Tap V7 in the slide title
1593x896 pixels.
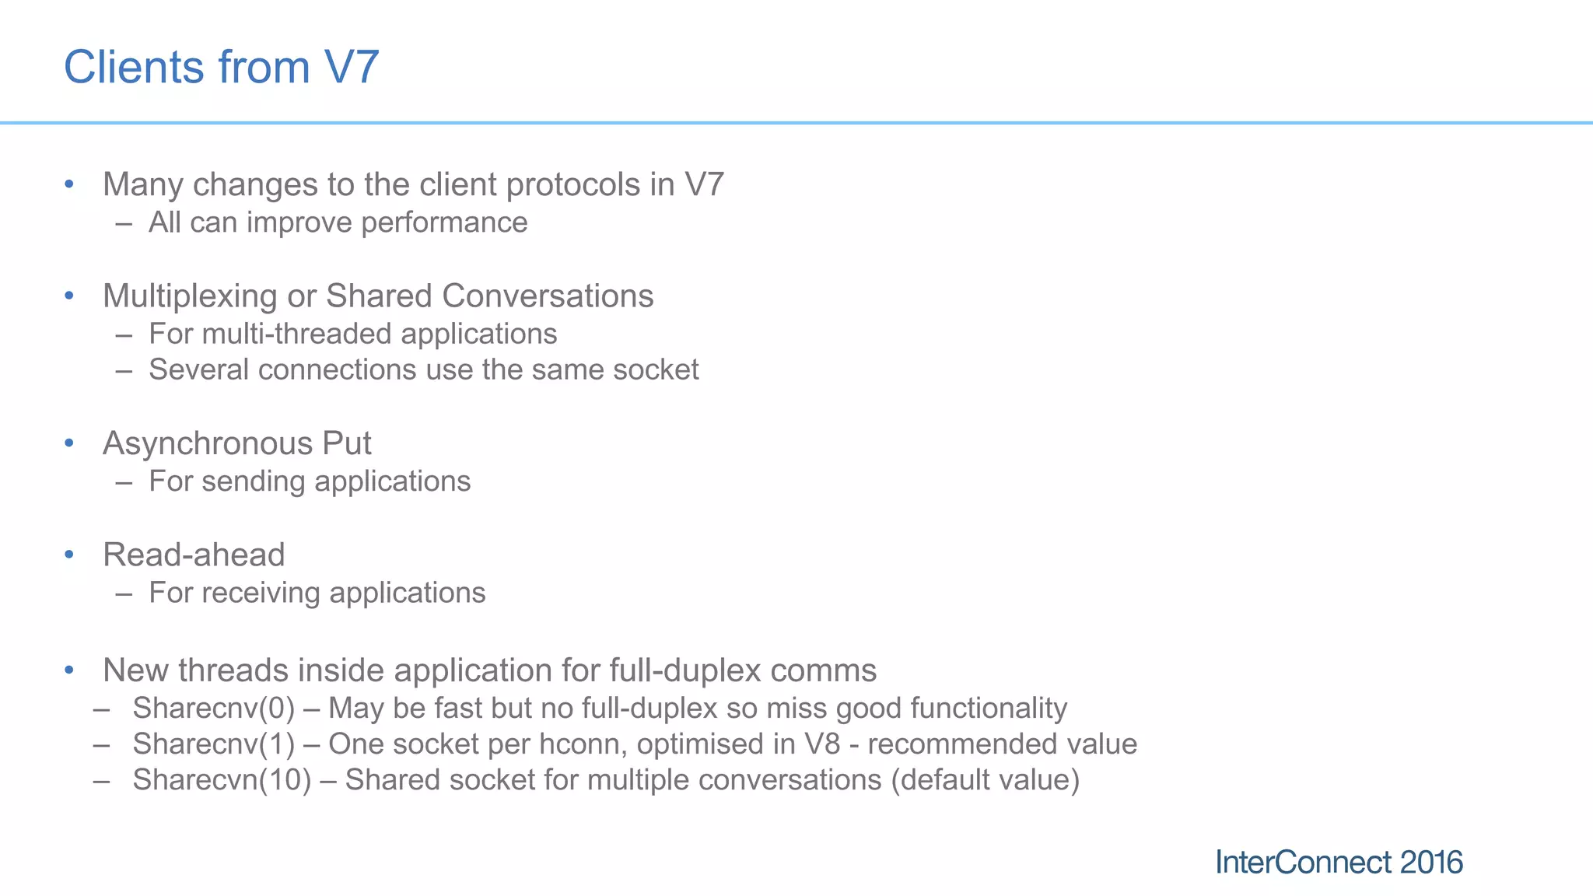(x=352, y=67)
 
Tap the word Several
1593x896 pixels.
(x=198, y=370)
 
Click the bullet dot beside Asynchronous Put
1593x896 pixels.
(x=69, y=443)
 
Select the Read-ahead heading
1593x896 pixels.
(x=194, y=555)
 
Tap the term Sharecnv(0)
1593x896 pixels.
(x=214, y=709)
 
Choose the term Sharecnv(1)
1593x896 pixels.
(x=214, y=744)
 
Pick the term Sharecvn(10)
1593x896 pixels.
(x=222, y=780)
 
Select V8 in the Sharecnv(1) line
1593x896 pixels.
(x=821, y=744)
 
